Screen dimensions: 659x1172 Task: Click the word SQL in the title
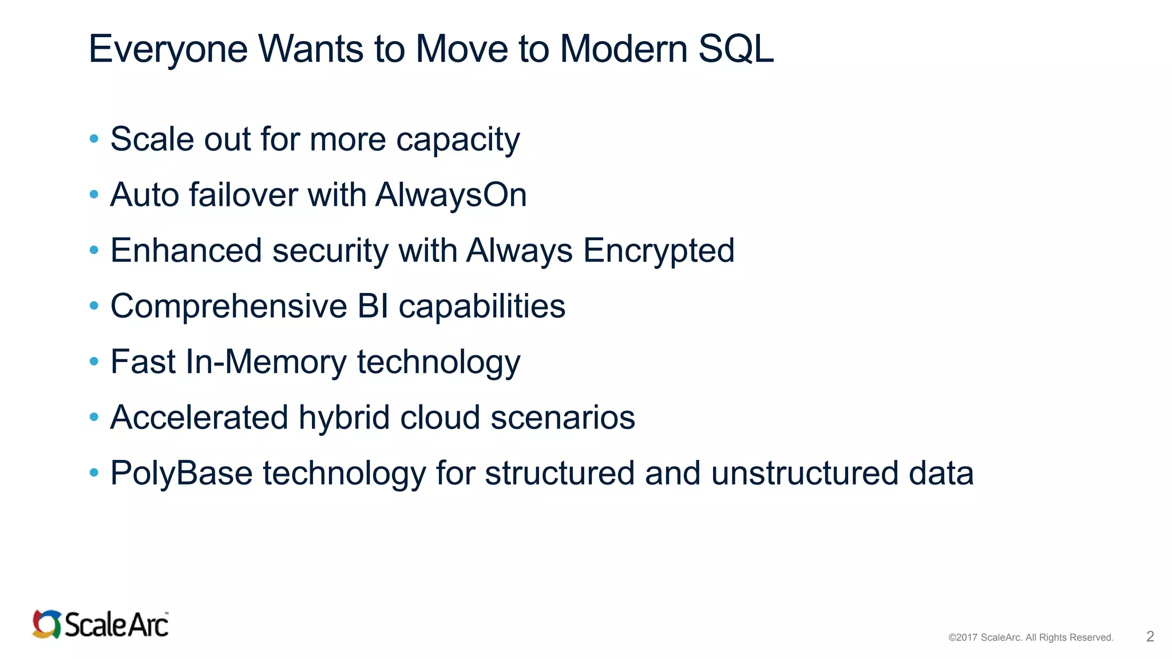(735, 49)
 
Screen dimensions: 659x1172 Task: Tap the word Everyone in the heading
(168, 49)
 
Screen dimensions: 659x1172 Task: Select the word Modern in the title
(623, 49)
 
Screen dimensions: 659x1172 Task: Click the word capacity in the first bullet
(458, 140)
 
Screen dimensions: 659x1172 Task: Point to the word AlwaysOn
(451, 195)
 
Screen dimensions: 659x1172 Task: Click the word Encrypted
(659, 251)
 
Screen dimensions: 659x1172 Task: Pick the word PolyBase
(181, 474)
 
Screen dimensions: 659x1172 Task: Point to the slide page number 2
(1150, 637)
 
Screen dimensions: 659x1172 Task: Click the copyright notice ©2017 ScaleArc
(1030, 637)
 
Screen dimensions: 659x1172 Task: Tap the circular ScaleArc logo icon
(46, 624)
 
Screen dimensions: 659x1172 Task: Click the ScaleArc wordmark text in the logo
(116, 625)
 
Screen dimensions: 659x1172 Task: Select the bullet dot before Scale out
(94, 138)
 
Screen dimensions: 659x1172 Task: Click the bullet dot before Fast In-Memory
(94, 362)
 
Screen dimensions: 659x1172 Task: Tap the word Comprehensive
(228, 306)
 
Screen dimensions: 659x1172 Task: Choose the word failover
(243, 195)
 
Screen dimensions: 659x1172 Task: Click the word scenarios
(563, 418)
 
